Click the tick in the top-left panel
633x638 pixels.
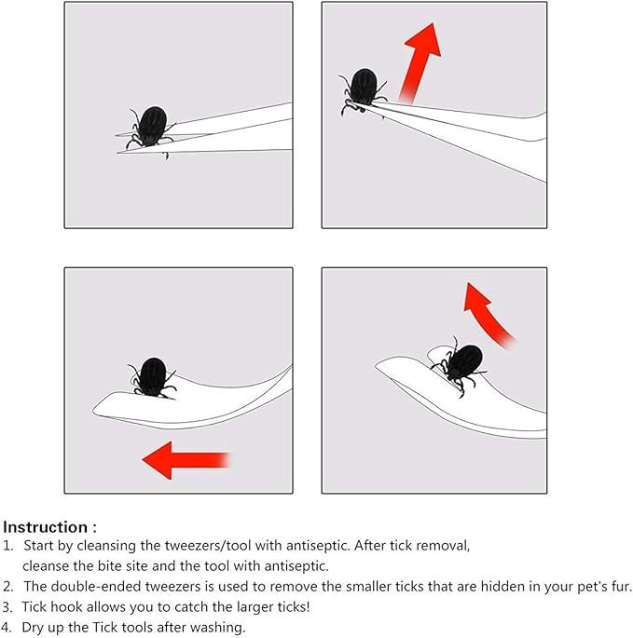click(152, 129)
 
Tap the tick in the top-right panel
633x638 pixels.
click(363, 91)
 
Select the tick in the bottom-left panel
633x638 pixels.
click(153, 377)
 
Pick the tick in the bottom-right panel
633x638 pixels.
click(461, 365)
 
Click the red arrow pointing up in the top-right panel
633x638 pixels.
click(420, 63)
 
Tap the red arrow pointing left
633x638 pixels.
click(186, 460)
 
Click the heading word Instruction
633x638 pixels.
click(45, 527)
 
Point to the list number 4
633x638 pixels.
click(7, 628)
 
